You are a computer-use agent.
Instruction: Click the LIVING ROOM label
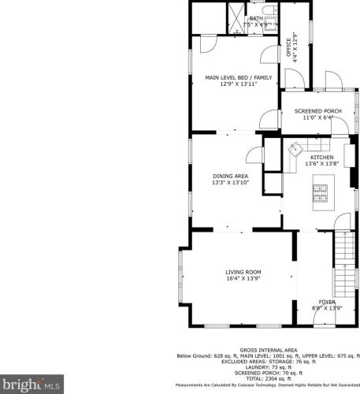(x=242, y=271)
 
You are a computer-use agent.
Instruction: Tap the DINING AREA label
(x=230, y=176)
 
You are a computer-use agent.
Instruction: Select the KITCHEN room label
(x=321, y=157)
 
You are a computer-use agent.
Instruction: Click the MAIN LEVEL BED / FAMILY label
(x=238, y=77)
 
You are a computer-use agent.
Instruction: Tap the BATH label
(x=256, y=18)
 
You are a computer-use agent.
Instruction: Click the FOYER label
(x=327, y=303)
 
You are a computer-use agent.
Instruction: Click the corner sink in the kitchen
(x=295, y=148)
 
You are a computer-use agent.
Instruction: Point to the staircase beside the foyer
(x=344, y=265)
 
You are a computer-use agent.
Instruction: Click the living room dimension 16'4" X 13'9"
(x=242, y=278)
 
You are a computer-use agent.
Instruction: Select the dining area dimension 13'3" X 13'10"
(x=230, y=183)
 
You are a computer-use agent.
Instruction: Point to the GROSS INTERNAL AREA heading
(x=269, y=349)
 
